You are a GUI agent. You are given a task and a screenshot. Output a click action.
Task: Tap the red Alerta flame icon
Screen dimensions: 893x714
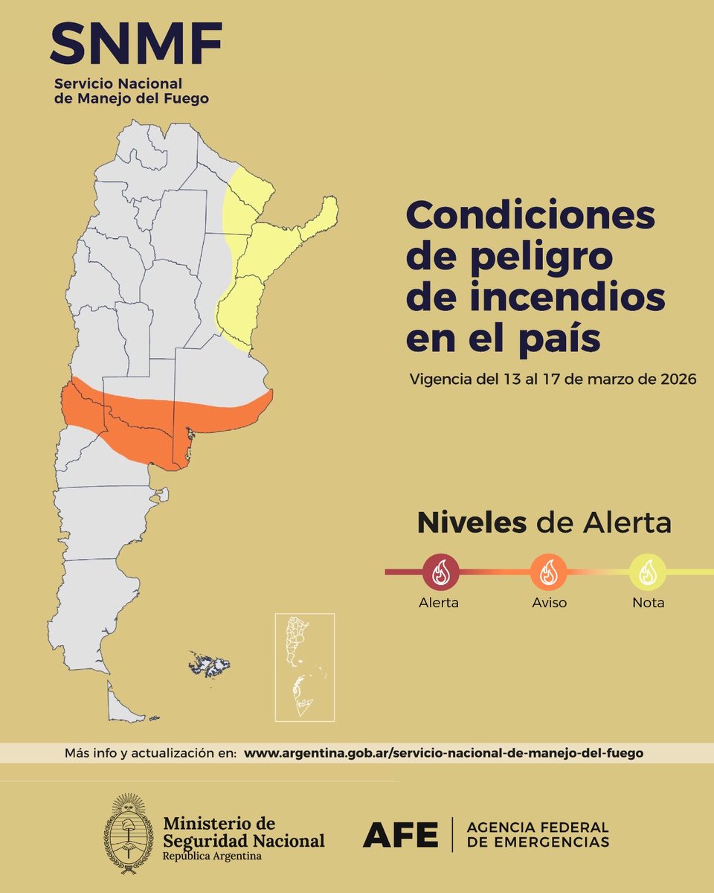point(440,572)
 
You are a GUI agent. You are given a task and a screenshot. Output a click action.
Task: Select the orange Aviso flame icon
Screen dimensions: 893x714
point(549,572)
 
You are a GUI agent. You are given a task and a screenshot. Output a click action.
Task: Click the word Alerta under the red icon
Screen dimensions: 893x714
point(438,603)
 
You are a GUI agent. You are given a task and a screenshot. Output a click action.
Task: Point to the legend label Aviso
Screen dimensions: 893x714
point(549,603)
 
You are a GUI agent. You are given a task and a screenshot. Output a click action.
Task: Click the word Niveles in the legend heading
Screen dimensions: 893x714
point(471,523)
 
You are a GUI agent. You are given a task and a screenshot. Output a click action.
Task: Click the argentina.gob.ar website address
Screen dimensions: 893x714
point(443,753)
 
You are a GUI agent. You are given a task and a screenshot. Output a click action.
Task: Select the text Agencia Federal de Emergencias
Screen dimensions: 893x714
point(538,835)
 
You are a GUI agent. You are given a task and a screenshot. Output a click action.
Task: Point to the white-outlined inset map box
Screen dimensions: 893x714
point(304,667)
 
